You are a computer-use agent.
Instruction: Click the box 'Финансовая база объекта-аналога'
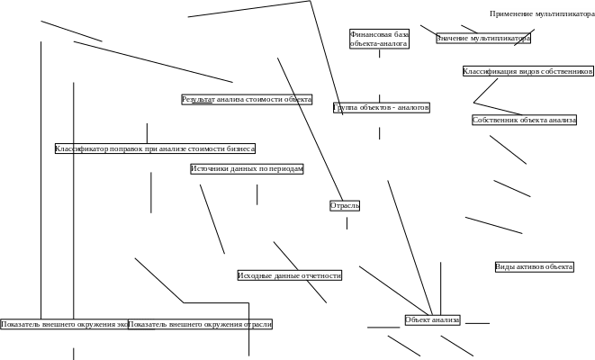tap(379, 39)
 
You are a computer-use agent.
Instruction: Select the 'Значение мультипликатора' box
tap(483, 39)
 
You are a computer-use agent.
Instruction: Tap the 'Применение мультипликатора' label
tap(542, 13)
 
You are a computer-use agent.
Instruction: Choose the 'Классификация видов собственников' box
tap(527, 71)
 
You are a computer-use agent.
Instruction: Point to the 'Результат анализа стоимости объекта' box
tap(247, 99)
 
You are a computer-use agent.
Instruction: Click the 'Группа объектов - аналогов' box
tap(381, 107)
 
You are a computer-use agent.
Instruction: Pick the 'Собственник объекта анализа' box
tap(524, 120)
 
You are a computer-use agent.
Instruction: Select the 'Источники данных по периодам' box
tap(247, 168)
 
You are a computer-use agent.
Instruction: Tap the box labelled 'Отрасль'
tap(345, 205)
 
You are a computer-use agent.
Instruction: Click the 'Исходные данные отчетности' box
tap(290, 275)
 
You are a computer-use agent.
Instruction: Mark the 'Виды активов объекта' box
tap(534, 267)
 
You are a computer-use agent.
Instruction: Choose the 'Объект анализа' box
tap(432, 319)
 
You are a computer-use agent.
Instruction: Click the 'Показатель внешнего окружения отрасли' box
tap(200, 324)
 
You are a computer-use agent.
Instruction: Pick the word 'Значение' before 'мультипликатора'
tap(454, 39)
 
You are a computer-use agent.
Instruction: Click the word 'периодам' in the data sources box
tap(284, 168)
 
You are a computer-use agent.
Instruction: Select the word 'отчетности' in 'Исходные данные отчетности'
tap(321, 275)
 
